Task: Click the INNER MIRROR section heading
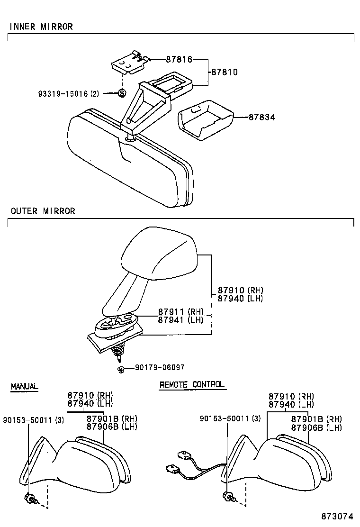pos(41,27)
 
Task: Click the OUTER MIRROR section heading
pos(43,211)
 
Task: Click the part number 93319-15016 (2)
pos(69,94)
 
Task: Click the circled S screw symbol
pos(122,93)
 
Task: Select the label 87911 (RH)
pos(180,311)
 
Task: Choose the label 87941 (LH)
pos(180,319)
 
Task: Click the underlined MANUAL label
pos(24,387)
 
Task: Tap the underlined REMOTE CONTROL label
pos(192,385)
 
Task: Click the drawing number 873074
pos(338,516)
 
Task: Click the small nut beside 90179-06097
pos(121,369)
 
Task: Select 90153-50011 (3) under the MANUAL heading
pos(33,419)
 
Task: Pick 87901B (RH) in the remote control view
pos(316,419)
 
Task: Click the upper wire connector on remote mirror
pos(182,456)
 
